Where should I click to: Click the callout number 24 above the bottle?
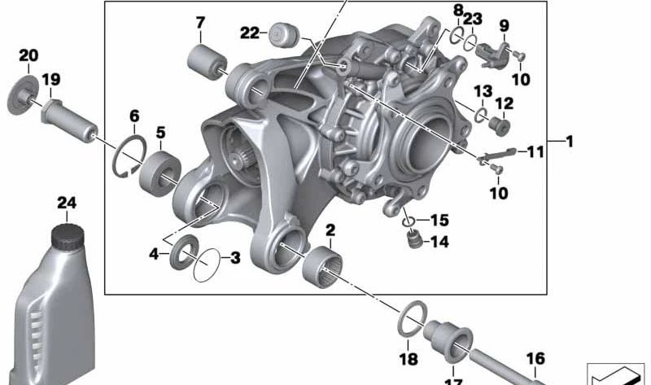[67, 203]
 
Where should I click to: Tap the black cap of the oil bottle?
[68, 237]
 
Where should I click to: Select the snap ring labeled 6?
[129, 156]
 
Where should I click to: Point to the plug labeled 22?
[284, 35]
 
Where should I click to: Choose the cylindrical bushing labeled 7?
[207, 63]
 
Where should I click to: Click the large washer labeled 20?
[23, 95]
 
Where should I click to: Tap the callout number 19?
[51, 79]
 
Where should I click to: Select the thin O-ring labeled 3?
[207, 265]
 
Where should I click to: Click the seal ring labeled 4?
[183, 252]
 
